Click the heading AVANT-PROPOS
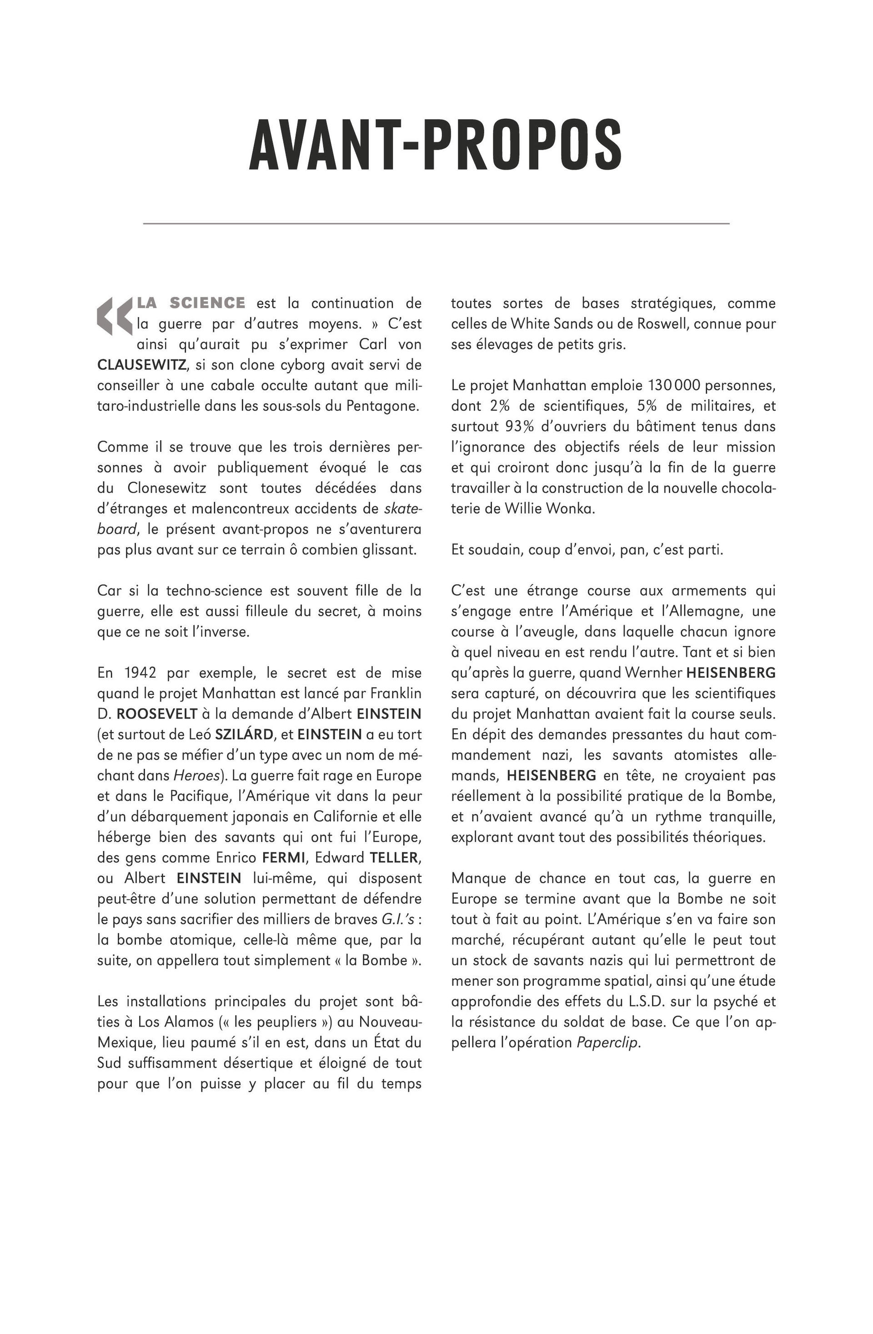pyautogui.click(x=436, y=145)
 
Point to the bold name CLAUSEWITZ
pyautogui.click(x=142, y=365)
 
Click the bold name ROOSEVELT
pyautogui.click(x=157, y=714)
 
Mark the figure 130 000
pyautogui.click(x=672, y=386)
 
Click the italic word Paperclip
pyautogui.click(x=607, y=1043)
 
